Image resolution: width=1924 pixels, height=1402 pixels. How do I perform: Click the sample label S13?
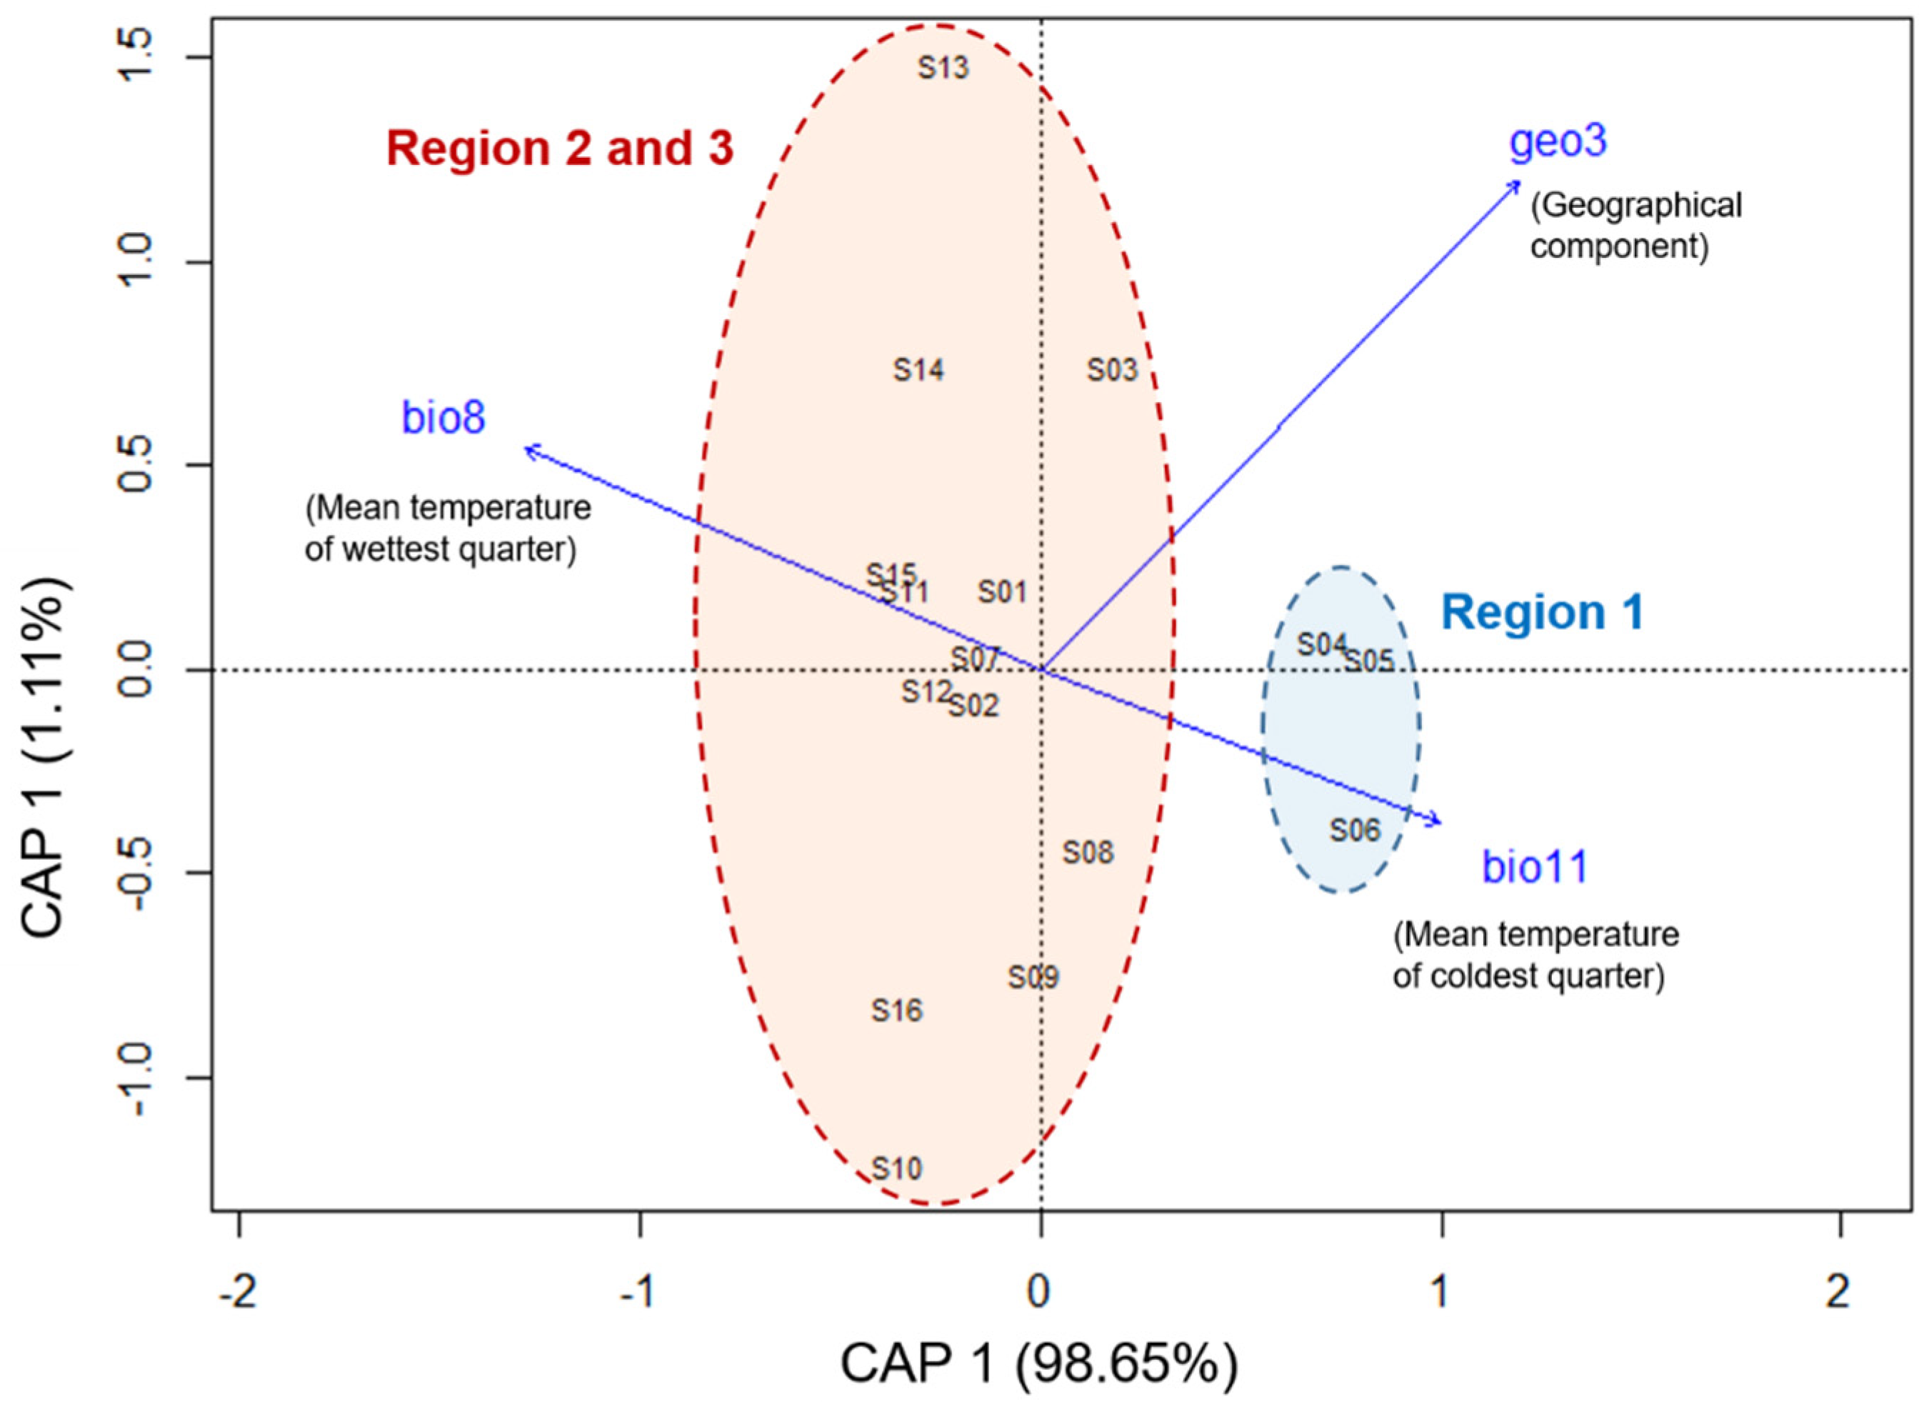[943, 68]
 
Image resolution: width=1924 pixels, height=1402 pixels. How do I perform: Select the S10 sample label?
[896, 1168]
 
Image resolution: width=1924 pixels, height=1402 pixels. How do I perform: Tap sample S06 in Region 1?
[1355, 829]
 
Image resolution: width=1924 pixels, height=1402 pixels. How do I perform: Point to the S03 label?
[1112, 370]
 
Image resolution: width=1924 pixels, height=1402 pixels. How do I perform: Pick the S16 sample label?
[896, 1010]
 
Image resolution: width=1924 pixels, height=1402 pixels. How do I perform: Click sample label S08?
[1088, 852]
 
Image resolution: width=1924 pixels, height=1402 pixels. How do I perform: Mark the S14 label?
[918, 370]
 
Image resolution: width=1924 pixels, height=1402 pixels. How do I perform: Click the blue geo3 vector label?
[1558, 141]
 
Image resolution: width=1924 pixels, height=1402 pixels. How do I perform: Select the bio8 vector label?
[443, 419]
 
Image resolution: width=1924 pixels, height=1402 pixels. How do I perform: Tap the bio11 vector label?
[1535, 867]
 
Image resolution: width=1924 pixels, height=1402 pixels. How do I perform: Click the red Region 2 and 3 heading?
[559, 149]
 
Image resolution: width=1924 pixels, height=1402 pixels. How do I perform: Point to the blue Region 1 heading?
[1542, 612]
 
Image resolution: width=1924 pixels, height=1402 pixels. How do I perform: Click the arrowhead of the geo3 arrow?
[1518, 181]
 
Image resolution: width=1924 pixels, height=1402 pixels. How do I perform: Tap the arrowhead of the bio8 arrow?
[527, 447]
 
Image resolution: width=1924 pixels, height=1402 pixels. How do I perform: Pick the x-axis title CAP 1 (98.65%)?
[1039, 1364]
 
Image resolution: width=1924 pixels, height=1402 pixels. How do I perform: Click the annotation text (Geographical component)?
[1635, 226]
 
